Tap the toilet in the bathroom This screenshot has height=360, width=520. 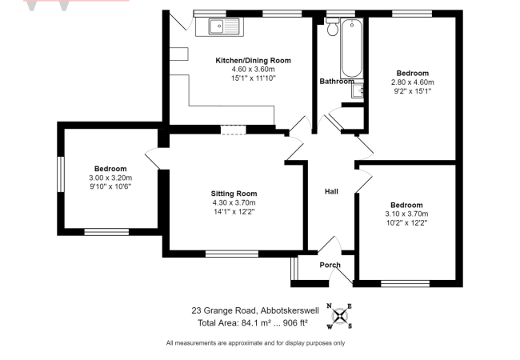coord(332,26)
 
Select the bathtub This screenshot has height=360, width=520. coord(351,48)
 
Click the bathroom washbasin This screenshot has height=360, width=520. coord(358,90)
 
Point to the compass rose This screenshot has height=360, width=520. coord(339,316)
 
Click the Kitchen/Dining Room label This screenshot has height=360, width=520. coord(253,60)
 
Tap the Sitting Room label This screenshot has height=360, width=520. coord(234,194)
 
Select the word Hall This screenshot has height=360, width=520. coord(331,191)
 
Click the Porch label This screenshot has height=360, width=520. coord(330,265)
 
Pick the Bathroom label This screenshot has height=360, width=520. coord(337,82)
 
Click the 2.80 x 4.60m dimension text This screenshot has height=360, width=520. coord(413,82)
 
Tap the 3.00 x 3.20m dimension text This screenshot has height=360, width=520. coord(110,178)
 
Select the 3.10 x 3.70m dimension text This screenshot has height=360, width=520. coord(406,214)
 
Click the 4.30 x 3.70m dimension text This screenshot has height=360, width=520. coord(234,202)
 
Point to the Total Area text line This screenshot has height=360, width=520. coord(253,323)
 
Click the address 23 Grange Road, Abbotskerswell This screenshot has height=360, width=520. coord(255,310)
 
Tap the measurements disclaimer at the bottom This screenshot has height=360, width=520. coord(255,343)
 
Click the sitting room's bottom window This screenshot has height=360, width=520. coord(232,254)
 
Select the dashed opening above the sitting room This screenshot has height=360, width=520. coord(234,130)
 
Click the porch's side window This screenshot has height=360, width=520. coord(294,268)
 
